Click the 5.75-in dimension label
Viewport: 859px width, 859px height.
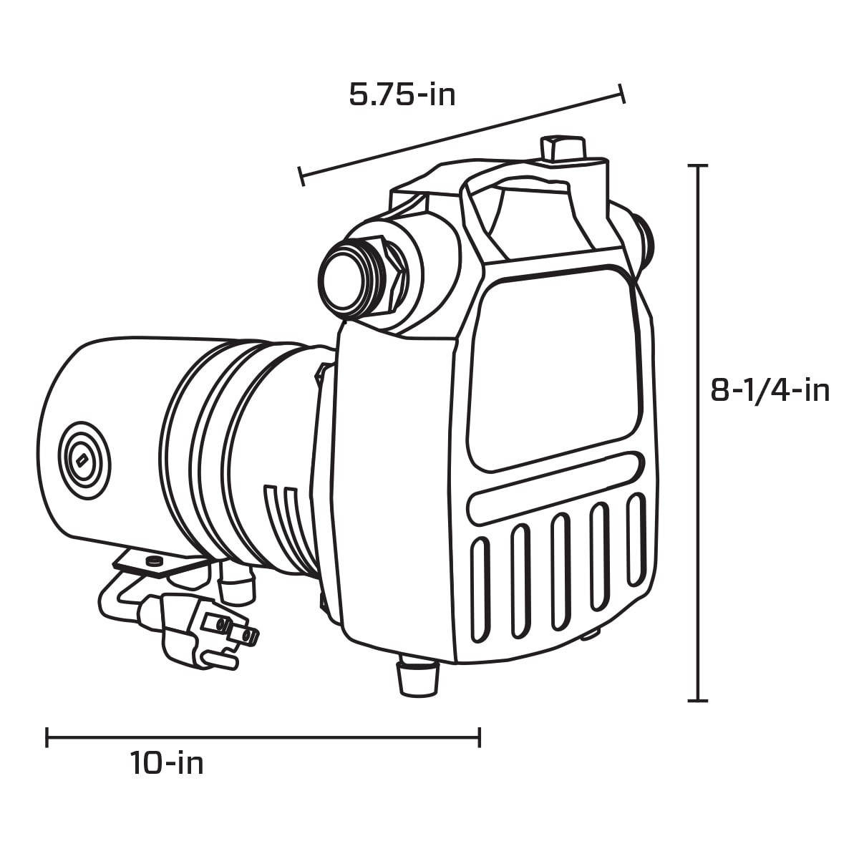tap(402, 94)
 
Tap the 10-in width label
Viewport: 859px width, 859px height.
tap(167, 763)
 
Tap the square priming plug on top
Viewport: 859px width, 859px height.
tap(561, 150)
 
